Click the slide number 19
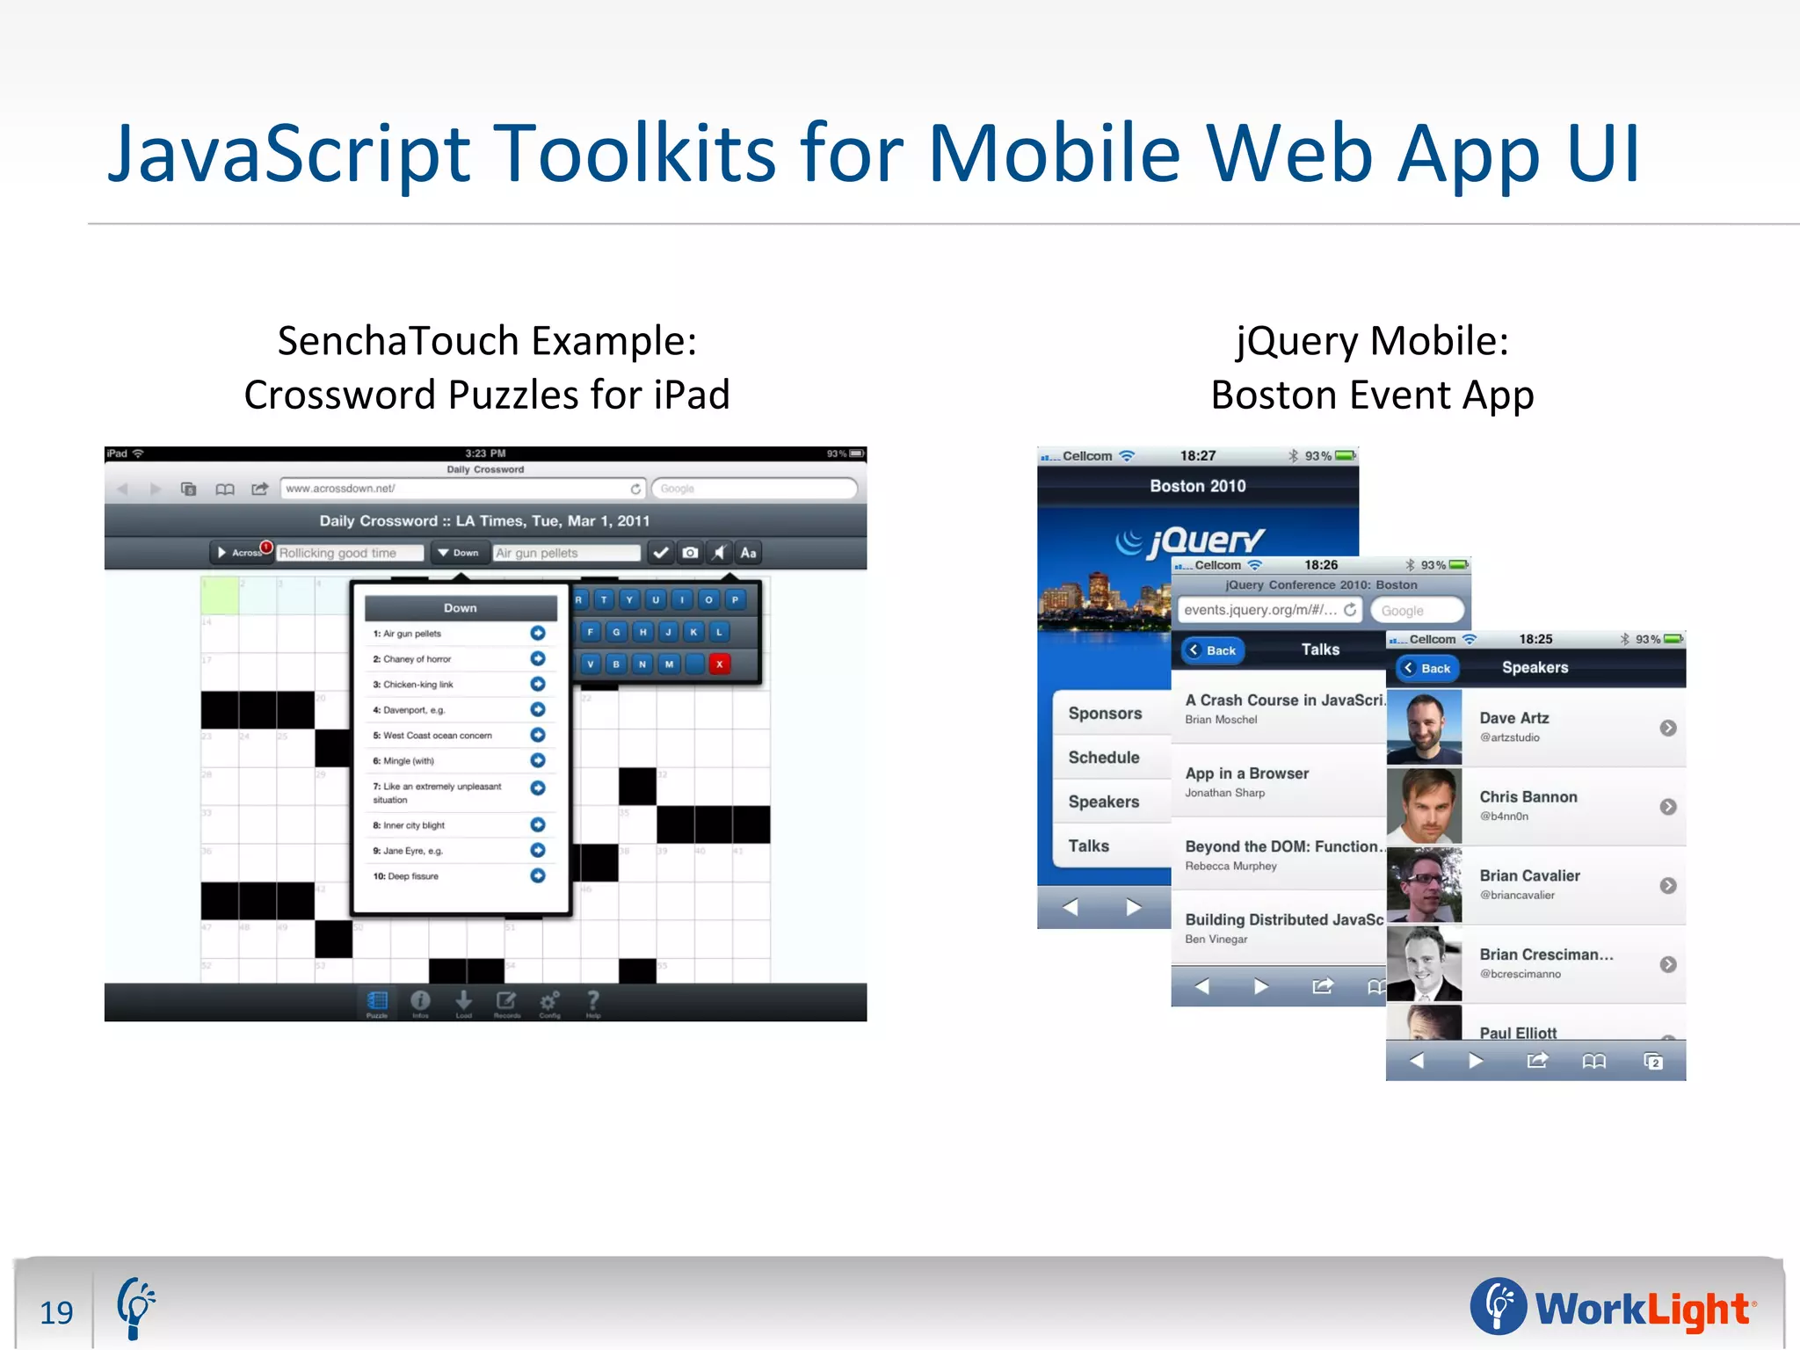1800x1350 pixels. tap(56, 1312)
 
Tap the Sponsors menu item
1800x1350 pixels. tap(1105, 714)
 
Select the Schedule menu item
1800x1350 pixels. tap(1104, 758)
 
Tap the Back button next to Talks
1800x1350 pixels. tap(1213, 650)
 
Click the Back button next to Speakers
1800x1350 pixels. tap(1427, 668)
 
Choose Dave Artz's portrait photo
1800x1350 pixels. tap(1425, 727)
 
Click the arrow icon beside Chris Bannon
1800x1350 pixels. tap(1667, 807)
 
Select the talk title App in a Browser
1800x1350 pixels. tap(1246, 773)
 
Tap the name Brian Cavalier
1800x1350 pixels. tap(1529, 875)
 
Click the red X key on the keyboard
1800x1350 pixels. tap(719, 664)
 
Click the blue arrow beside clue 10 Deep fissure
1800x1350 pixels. tap(538, 875)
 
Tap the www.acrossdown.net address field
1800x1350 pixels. tap(457, 489)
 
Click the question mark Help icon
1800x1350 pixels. tap(593, 1001)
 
